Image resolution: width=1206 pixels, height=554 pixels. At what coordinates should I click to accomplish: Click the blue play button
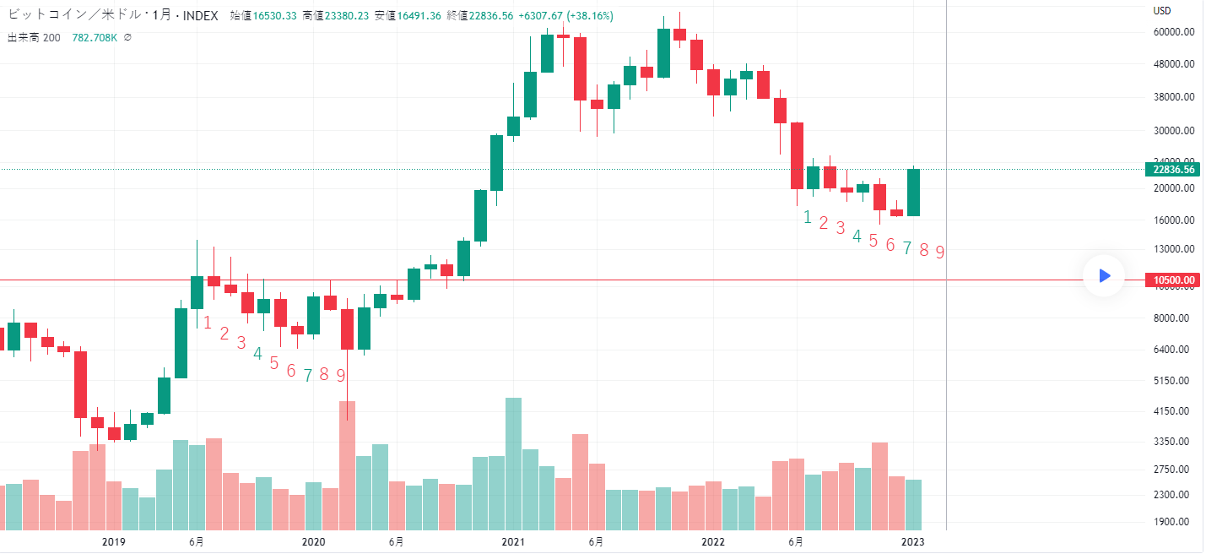point(1104,276)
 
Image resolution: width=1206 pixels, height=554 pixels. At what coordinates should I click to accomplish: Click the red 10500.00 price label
point(1172,280)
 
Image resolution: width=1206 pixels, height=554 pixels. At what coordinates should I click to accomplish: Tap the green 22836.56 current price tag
point(1172,169)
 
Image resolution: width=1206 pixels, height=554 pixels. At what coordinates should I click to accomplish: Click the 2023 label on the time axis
point(912,541)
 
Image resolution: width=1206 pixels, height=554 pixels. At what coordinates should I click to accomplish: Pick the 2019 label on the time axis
point(113,541)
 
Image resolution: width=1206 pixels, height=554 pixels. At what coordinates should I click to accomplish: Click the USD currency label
point(1162,11)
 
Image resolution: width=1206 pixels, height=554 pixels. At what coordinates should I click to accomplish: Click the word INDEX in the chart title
point(199,16)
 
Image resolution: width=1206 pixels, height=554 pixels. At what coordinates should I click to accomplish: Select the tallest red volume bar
point(347,464)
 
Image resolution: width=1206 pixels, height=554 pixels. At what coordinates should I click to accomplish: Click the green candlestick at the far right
point(913,193)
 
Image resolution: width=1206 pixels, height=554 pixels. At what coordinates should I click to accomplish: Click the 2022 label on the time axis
point(713,541)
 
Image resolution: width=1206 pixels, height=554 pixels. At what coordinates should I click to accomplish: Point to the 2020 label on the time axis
point(313,541)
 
